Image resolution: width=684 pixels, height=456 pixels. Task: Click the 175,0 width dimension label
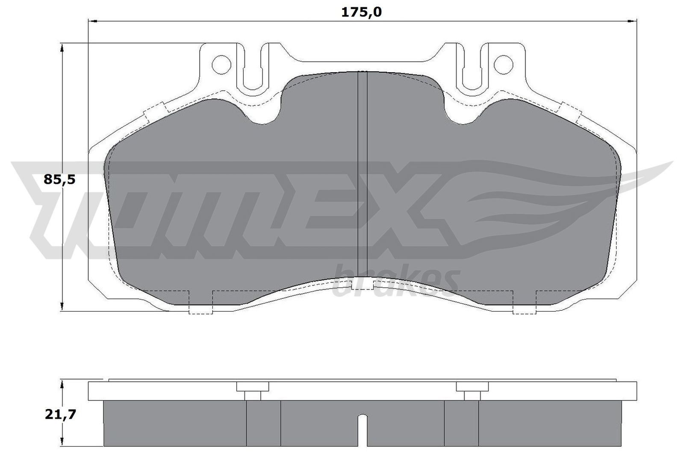click(361, 12)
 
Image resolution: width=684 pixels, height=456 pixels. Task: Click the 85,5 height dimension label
click(59, 179)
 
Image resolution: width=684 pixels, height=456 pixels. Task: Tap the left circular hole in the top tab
click(221, 64)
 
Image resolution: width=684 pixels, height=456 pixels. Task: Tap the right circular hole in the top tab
click(503, 64)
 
